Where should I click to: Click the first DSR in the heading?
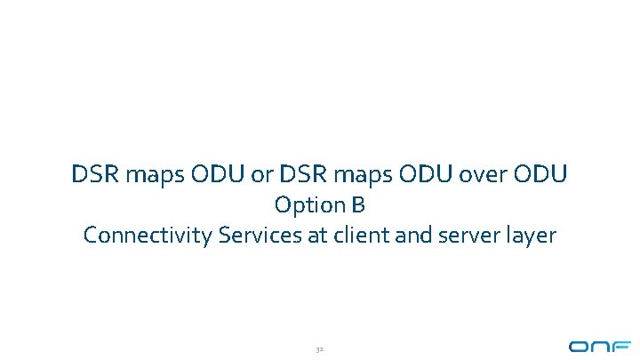[93, 174]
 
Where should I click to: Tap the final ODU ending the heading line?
[539, 174]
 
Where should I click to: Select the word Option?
[308, 205]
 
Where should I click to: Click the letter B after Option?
[357, 205]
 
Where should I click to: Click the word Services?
[231, 236]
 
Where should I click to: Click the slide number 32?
[320, 348]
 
